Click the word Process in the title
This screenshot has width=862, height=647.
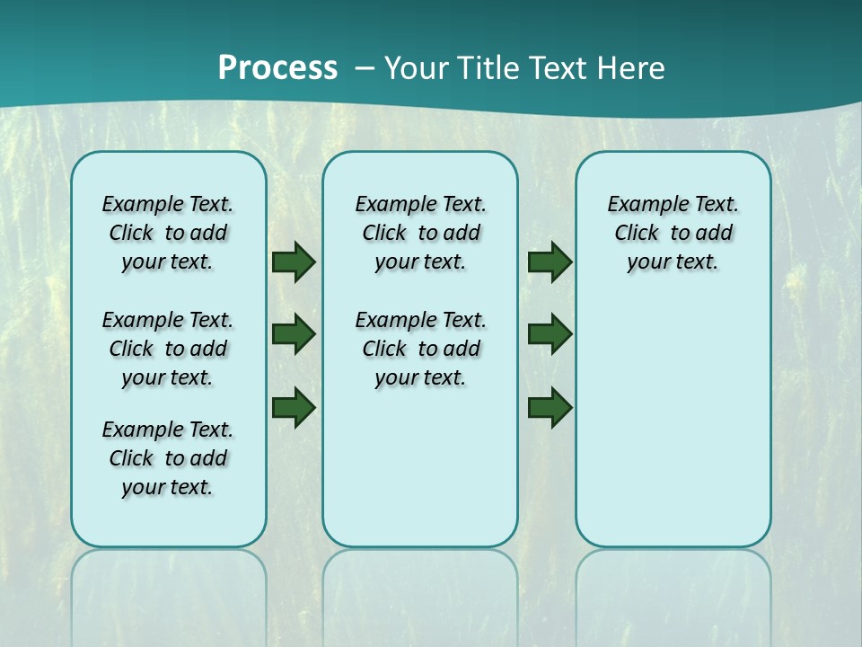pyautogui.click(x=277, y=68)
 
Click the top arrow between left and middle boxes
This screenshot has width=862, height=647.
pyautogui.click(x=294, y=262)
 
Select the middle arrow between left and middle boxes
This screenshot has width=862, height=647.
pyautogui.click(x=294, y=334)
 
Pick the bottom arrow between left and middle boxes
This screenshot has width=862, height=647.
pyautogui.click(x=294, y=407)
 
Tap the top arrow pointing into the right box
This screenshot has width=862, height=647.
pyautogui.click(x=550, y=262)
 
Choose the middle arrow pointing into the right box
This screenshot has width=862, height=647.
pyautogui.click(x=550, y=334)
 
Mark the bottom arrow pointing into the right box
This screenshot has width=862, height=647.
pyautogui.click(x=550, y=407)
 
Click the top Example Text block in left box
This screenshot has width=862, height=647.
pyautogui.click(x=168, y=233)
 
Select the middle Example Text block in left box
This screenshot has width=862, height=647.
pyautogui.click(x=168, y=349)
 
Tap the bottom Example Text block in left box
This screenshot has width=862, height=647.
pyautogui.click(x=168, y=458)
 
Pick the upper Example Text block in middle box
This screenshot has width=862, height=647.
pyautogui.click(x=420, y=233)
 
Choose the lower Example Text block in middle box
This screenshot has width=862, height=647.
pyautogui.click(x=420, y=349)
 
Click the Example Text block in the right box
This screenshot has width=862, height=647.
pyautogui.click(x=673, y=233)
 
